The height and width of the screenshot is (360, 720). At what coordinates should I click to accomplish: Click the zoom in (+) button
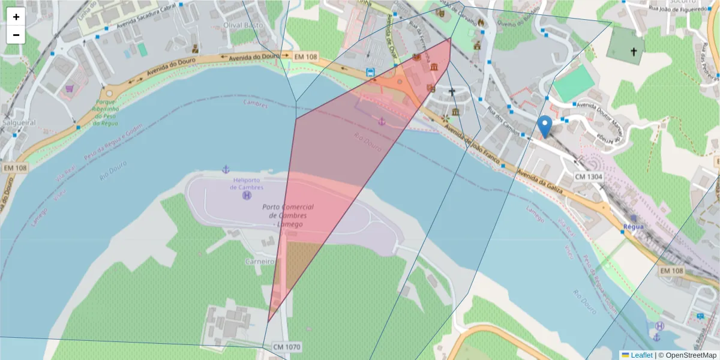click(16, 17)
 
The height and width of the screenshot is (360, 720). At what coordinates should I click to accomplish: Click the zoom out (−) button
click(16, 35)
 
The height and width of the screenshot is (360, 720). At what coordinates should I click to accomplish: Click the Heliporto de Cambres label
click(247, 184)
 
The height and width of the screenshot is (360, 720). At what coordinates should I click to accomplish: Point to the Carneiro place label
click(260, 262)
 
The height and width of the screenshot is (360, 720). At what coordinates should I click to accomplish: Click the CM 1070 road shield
click(286, 347)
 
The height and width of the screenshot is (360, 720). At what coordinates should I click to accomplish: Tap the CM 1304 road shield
click(588, 177)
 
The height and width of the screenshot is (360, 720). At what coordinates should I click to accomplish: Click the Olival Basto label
click(240, 25)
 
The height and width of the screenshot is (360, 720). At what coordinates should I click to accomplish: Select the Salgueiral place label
click(19, 122)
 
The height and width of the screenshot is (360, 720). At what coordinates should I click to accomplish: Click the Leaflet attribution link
click(641, 355)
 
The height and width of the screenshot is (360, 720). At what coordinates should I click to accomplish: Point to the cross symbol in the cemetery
click(633, 52)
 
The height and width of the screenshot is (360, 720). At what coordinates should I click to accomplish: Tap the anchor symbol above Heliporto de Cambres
click(226, 169)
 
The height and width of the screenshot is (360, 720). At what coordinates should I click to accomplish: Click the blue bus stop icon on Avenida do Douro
click(371, 73)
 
